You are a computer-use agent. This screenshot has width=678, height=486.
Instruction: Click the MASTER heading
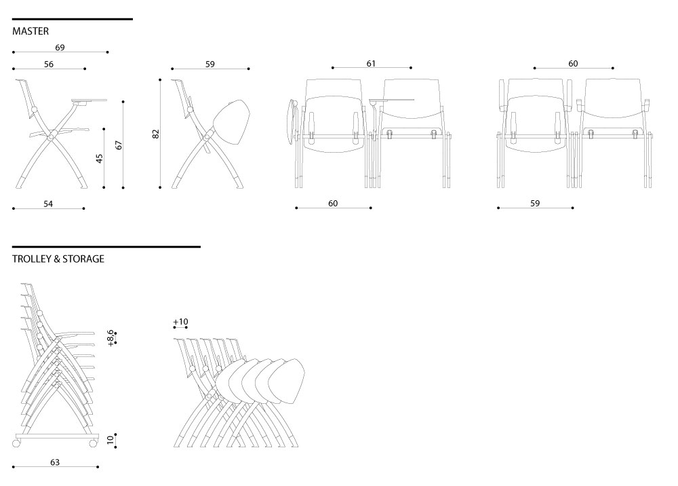coord(31,31)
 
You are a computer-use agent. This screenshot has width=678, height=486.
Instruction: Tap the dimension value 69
coord(60,47)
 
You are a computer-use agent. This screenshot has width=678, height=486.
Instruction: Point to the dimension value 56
coord(49,64)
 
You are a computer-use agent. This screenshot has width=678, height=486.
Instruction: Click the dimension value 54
coord(48,204)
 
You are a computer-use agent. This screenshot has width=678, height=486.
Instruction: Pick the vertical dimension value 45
coord(100,158)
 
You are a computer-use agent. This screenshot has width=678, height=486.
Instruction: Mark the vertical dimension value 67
coord(119,145)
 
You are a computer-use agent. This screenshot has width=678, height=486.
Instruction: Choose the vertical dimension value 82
coord(156,134)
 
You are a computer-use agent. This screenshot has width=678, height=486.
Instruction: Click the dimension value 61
coord(371,64)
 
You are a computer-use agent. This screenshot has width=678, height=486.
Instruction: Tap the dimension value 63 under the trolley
coord(55,462)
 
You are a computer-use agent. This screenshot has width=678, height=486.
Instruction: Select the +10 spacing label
coord(180,322)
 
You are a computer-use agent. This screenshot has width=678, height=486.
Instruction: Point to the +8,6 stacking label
coord(111,338)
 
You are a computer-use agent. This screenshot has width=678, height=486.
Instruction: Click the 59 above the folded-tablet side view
coord(210,64)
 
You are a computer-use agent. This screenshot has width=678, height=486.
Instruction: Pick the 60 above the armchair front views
coord(573,64)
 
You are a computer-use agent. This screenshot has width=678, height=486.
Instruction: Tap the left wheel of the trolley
coord(16,443)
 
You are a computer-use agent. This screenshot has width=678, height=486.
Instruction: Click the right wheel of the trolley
coord(92,443)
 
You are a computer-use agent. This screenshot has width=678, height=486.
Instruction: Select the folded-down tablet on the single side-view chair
coord(232,123)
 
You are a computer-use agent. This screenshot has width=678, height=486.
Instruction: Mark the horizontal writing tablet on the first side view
coord(89,102)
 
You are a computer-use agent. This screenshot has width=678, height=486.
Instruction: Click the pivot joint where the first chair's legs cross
coord(51,138)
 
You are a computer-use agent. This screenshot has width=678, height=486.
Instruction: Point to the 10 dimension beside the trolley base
coord(111,440)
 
